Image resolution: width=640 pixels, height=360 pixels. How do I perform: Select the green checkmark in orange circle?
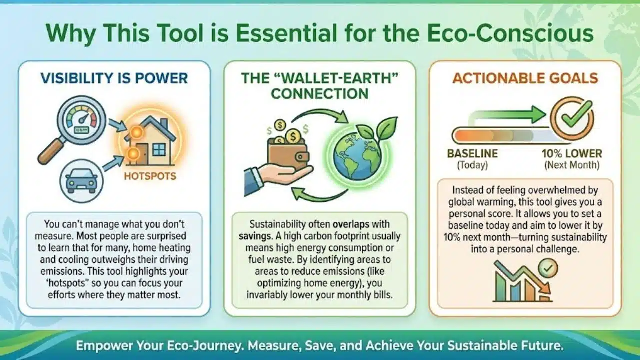(x=572, y=119)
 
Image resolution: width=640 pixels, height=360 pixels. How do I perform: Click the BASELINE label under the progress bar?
(x=472, y=154)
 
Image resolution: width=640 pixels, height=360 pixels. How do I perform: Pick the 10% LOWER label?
(x=572, y=154)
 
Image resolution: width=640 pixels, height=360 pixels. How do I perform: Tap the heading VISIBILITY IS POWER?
(x=114, y=78)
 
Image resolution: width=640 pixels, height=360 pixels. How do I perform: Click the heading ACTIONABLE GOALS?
(x=525, y=78)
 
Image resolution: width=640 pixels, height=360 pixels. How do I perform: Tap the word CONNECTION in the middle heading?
(x=320, y=93)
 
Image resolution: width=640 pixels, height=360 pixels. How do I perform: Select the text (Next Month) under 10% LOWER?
(x=572, y=165)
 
